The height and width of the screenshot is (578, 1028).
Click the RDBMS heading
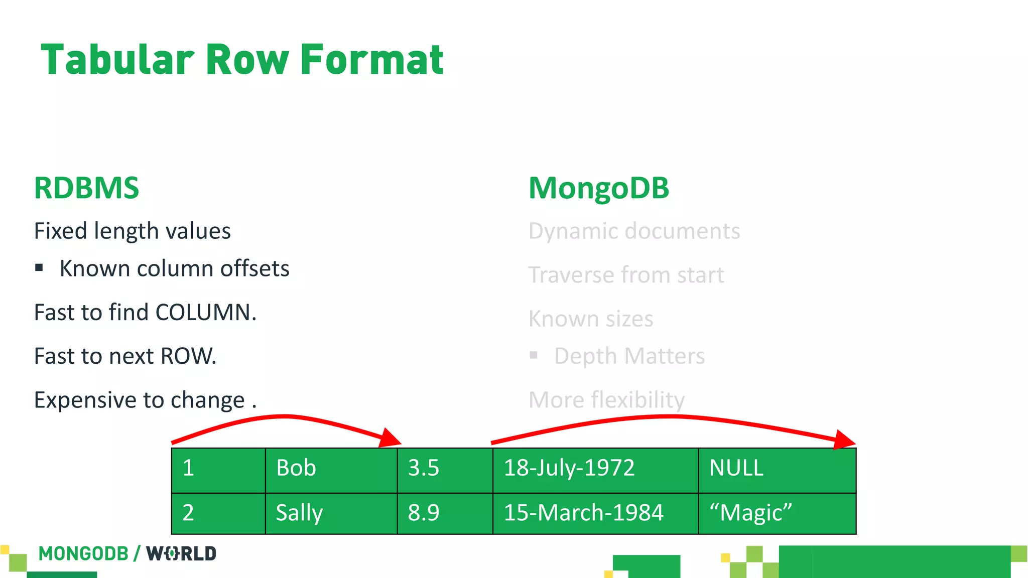point(86,188)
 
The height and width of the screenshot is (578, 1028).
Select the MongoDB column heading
point(599,188)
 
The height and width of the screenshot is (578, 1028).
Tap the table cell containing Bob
point(331,468)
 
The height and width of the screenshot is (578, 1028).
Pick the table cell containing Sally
point(331,513)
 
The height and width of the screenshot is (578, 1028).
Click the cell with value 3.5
point(444,468)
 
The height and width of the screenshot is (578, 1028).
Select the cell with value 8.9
point(444,513)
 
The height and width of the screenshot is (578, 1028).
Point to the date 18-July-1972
point(569,468)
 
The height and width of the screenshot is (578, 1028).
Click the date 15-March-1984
point(583,513)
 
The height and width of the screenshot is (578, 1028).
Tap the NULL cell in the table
point(777,468)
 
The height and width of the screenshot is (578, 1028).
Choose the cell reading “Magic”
point(777,513)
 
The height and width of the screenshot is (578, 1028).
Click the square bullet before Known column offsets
point(39,268)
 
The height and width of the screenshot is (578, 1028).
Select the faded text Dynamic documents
point(634,231)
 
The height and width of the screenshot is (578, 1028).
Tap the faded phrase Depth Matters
point(629,356)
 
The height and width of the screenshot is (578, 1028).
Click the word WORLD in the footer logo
point(181,554)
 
